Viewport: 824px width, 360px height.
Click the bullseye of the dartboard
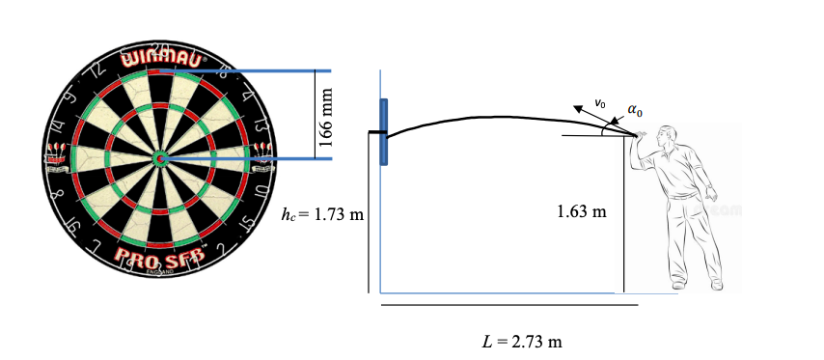click(160, 157)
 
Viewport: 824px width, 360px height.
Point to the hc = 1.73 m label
click(321, 213)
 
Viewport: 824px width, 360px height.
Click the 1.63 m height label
click(582, 210)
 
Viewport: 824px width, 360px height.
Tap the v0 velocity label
click(599, 101)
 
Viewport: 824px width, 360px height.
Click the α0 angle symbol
click(633, 110)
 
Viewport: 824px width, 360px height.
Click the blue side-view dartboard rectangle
click(384, 132)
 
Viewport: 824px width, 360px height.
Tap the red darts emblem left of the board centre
click(56, 155)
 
